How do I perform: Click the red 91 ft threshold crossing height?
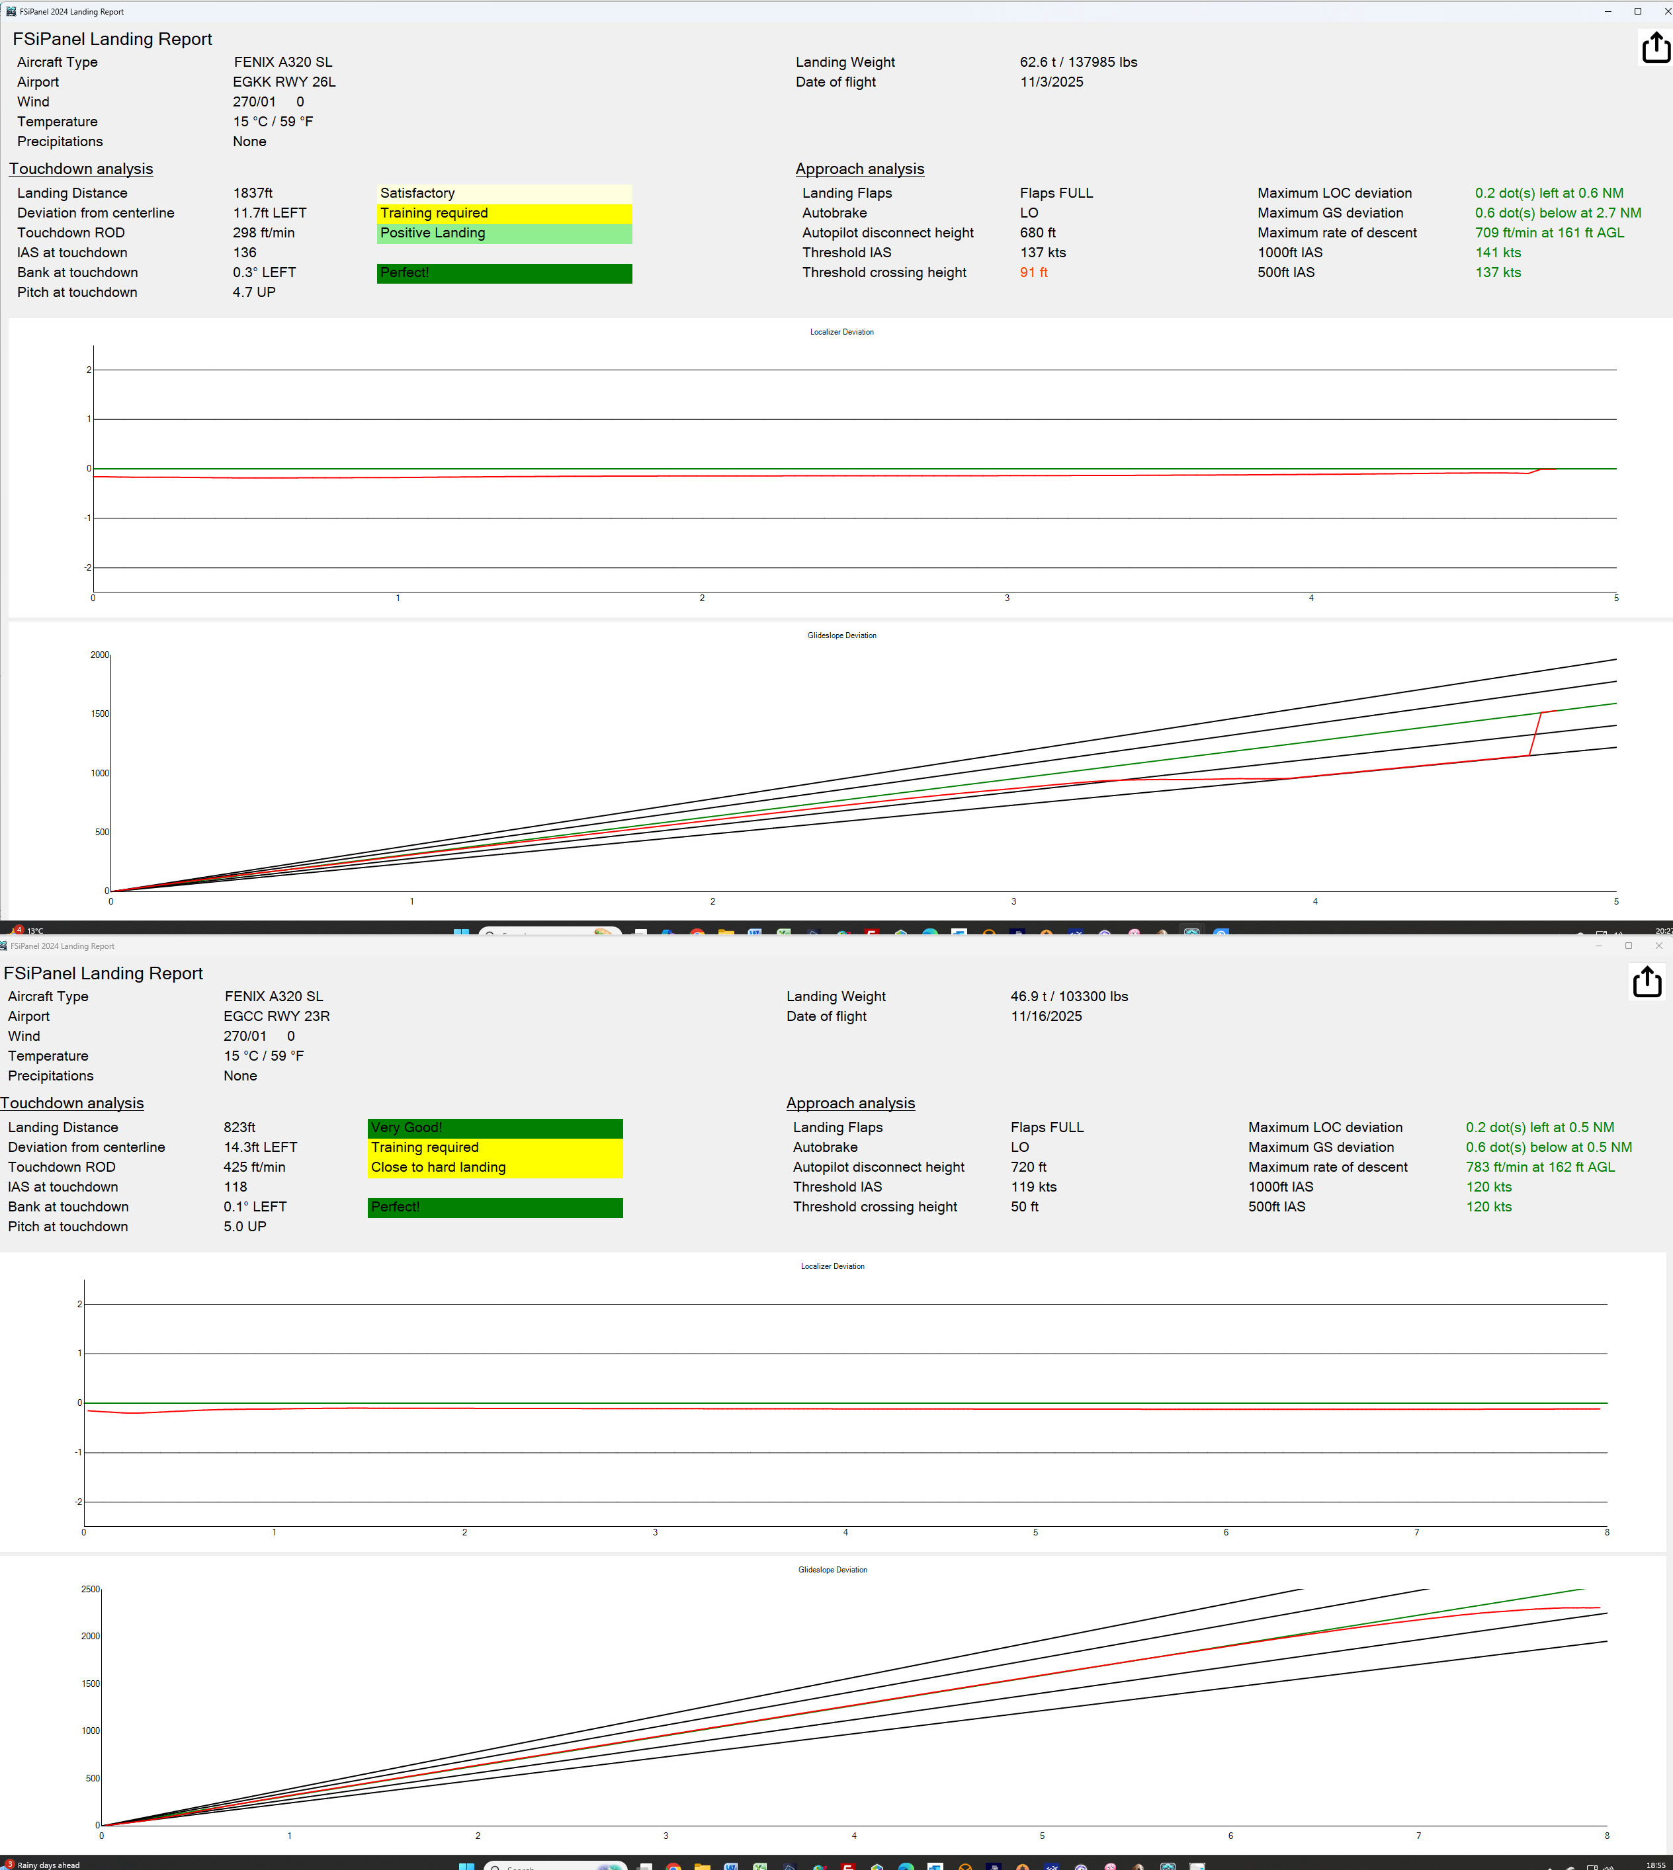pos(1033,272)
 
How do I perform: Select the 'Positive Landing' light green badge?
pos(503,233)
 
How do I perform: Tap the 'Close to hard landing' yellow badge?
pos(495,1167)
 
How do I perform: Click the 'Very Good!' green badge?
pos(495,1127)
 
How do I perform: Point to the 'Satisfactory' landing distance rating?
pos(503,193)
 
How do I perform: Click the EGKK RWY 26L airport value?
pos(284,82)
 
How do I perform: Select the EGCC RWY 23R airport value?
pos(277,1016)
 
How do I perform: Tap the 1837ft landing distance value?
pos(253,193)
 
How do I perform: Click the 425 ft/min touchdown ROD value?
pos(255,1167)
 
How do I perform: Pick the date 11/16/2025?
pos(1046,1016)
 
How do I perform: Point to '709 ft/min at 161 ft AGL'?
pos(1549,233)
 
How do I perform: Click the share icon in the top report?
pos(1656,48)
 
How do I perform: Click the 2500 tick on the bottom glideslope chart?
pos(90,1589)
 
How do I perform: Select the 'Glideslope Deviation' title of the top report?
pos(841,635)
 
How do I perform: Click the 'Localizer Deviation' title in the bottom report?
pos(832,1266)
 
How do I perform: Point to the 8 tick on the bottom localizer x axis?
pos(1607,1532)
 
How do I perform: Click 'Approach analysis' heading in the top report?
pos(859,169)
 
